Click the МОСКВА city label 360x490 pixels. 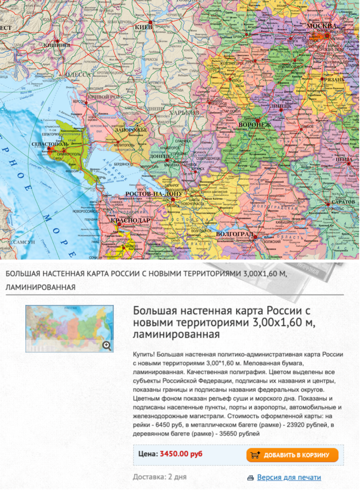pos(321,25)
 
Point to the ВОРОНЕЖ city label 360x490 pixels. pos(255,124)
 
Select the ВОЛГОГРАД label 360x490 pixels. pos(234,233)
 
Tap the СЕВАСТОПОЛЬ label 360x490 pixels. pos(49,144)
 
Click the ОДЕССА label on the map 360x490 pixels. pos(77,74)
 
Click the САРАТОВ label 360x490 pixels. pos(343,202)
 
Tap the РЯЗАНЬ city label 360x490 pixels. pos(333,80)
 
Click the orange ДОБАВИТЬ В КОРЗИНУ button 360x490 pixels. pos(292,455)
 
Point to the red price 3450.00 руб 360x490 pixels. pos(181,454)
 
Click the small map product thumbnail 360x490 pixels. pos(69,328)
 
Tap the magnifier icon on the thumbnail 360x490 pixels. pos(107,346)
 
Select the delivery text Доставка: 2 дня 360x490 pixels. pos(159,477)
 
